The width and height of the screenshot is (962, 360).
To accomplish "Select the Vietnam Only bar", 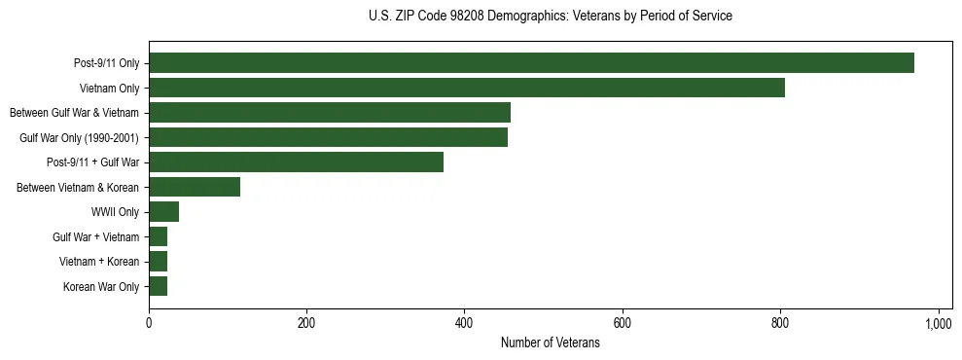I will click(467, 89).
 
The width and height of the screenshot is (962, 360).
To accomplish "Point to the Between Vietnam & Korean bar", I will click(195, 187).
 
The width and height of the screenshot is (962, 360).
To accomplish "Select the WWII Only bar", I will click(163, 212).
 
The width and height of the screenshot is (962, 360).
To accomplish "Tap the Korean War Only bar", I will click(158, 286).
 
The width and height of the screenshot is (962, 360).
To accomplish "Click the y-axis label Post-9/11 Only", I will click(107, 64).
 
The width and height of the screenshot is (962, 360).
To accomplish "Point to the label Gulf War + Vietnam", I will click(96, 236).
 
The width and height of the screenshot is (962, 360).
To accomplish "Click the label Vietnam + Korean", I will click(100, 262).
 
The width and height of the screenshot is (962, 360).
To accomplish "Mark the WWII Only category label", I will click(115, 212).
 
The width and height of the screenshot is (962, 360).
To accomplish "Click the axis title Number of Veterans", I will click(550, 343).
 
